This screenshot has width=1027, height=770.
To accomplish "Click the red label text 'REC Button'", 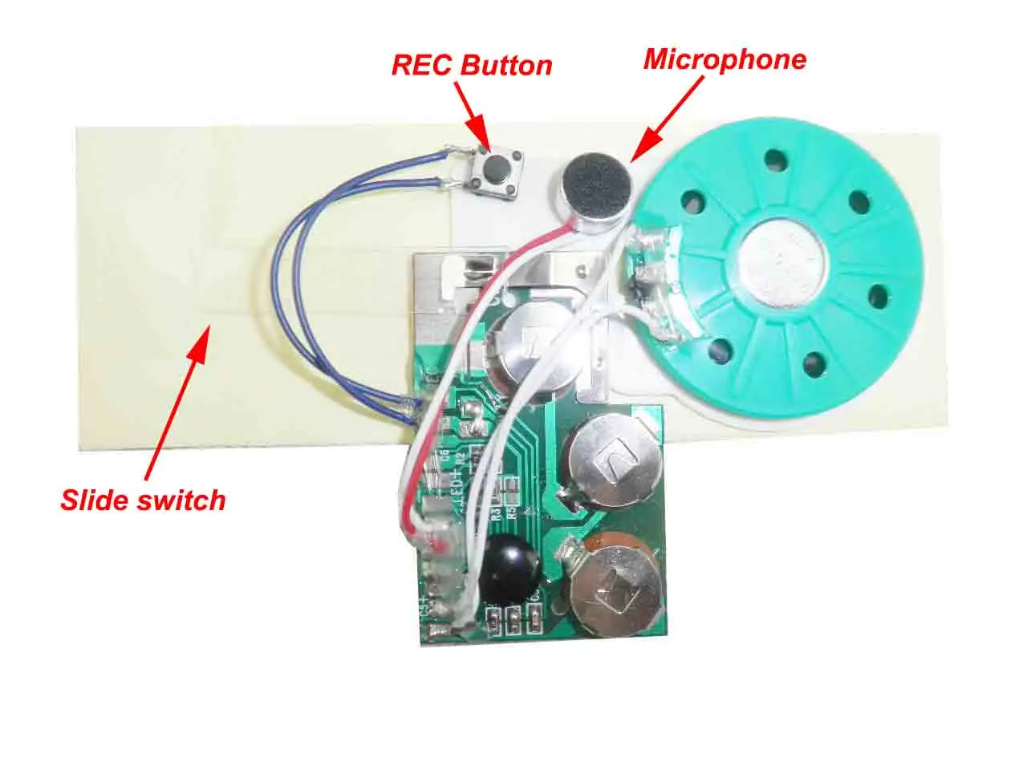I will click(472, 65).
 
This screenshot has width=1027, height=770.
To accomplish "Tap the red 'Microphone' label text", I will click(725, 59).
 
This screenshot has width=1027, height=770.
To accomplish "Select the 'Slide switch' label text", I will click(143, 500).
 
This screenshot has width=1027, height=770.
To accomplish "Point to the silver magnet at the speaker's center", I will click(783, 257).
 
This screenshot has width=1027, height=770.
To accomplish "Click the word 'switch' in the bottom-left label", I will click(184, 500).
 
